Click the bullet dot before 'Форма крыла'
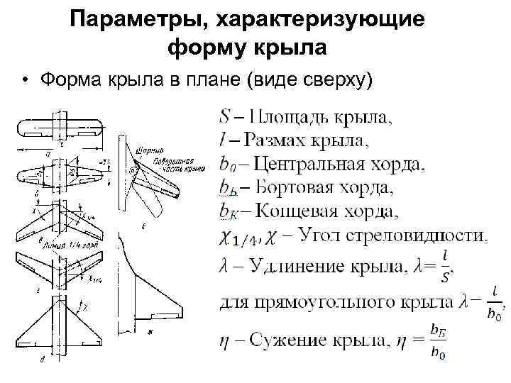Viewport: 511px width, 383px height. click(x=26, y=81)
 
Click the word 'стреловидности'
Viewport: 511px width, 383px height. click(x=432, y=234)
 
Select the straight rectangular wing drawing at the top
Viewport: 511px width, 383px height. click(x=60, y=128)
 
